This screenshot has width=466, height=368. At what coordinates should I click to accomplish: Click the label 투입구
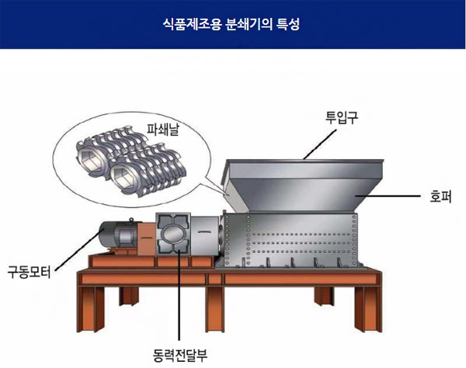(x=342, y=117)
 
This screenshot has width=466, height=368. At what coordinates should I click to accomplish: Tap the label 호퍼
(x=440, y=196)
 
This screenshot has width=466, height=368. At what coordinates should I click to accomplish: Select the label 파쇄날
(x=163, y=129)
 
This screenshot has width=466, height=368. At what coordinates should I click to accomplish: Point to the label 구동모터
(x=30, y=272)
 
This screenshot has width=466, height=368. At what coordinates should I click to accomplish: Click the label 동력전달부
(x=180, y=355)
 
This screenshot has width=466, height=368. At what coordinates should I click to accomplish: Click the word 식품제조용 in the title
(x=192, y=24)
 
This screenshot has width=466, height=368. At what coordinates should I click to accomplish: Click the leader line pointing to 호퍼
(x=388, y=196)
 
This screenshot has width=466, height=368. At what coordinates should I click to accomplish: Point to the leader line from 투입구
(x=320, y=144)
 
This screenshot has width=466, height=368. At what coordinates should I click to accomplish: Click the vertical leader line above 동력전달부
(x=179, y=296)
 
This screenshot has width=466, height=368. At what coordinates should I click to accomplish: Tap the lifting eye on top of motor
(x=130, y=220)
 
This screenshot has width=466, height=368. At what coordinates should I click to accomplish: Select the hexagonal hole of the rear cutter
(x=89, y=159)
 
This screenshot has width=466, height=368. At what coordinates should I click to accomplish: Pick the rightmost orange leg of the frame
(x=369, y=309)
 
